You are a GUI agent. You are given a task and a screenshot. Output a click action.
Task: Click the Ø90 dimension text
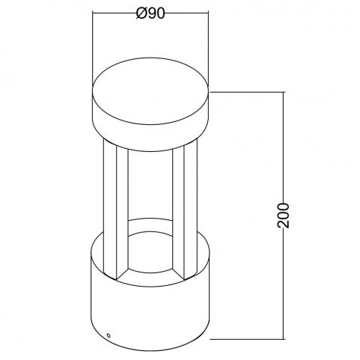150,13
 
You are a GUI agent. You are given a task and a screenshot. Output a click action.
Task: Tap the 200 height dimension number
284,216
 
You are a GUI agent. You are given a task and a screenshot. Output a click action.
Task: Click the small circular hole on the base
109,335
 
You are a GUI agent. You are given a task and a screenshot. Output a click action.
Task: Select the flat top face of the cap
150,91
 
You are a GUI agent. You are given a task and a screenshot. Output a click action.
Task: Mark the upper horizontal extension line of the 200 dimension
247,92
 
